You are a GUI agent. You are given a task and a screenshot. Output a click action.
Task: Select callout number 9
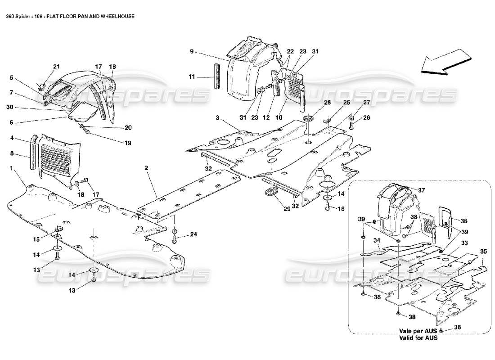pos(192,52)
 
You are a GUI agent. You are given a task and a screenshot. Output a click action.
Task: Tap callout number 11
pos(192,77)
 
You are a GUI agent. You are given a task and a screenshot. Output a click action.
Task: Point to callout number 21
pos(56,67)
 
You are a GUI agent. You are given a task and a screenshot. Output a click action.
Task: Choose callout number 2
pos(147,168)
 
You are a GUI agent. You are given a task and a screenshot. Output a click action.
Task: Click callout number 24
pos(193,234)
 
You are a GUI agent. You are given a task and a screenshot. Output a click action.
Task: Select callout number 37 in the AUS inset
pos(422,190)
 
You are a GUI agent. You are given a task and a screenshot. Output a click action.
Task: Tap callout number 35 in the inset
pos(483,251)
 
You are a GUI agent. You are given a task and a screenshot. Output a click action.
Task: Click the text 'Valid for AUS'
pos(418,337)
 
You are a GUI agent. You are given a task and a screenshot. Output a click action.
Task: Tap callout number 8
pos(11,154)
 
